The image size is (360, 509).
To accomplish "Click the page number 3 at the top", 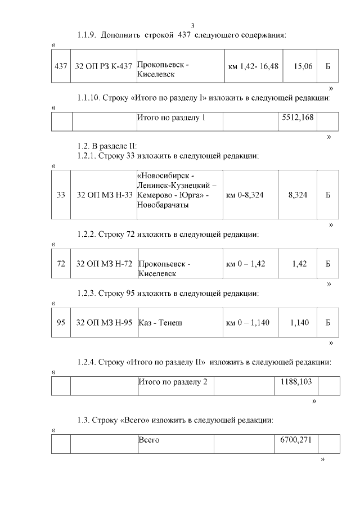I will (x=193, y=26).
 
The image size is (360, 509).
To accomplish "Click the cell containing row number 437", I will (x=61, y=66).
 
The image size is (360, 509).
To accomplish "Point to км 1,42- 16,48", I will (x=253, y=66).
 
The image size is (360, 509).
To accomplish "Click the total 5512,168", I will (x=296, y=118).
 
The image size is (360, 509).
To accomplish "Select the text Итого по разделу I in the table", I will (x=172, y=118).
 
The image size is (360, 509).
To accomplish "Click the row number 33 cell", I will (x=61, y=195).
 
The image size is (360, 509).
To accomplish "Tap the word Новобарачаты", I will (x=163, y=205).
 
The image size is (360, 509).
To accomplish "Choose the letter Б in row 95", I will (x=328, y=323).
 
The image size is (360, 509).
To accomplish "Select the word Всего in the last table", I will (x=149, y=439).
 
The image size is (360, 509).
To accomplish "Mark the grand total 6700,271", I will (x=296, y=439).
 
